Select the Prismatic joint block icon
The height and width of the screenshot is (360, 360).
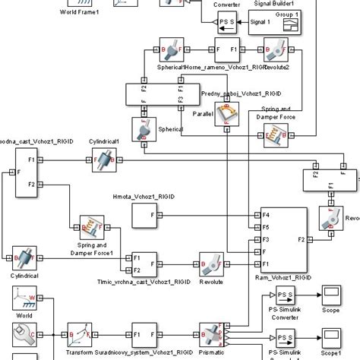(x=210, y=335)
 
